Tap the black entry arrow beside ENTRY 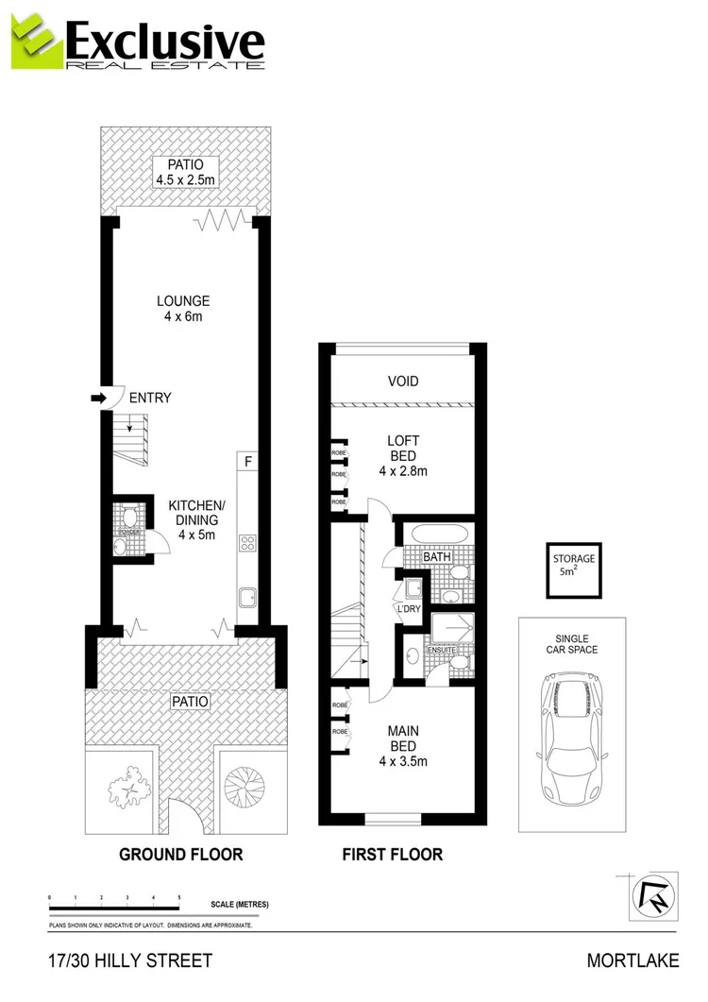pos(97,399)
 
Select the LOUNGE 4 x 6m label pos(182,309)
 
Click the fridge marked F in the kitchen pos(248,462)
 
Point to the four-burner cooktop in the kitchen pos(248,542)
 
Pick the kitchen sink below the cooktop pos(248,597)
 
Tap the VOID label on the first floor pos(403,382)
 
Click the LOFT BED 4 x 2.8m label pos(403,455)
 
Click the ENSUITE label pos(440,651)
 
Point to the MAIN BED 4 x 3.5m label pos(403,745)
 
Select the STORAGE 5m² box pos(574,570)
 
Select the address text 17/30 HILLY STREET pos(130,960)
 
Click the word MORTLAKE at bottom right pos(632,960)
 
